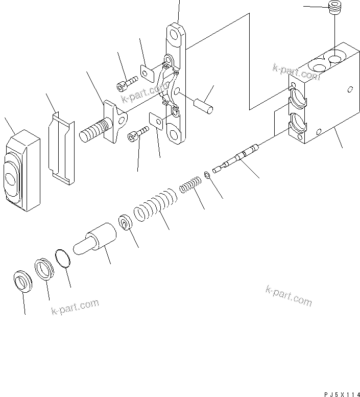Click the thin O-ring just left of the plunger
pos(63,259)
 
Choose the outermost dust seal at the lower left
pos(22,281)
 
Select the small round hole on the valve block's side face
pos(349,90)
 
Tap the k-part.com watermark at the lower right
pos(289,296)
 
